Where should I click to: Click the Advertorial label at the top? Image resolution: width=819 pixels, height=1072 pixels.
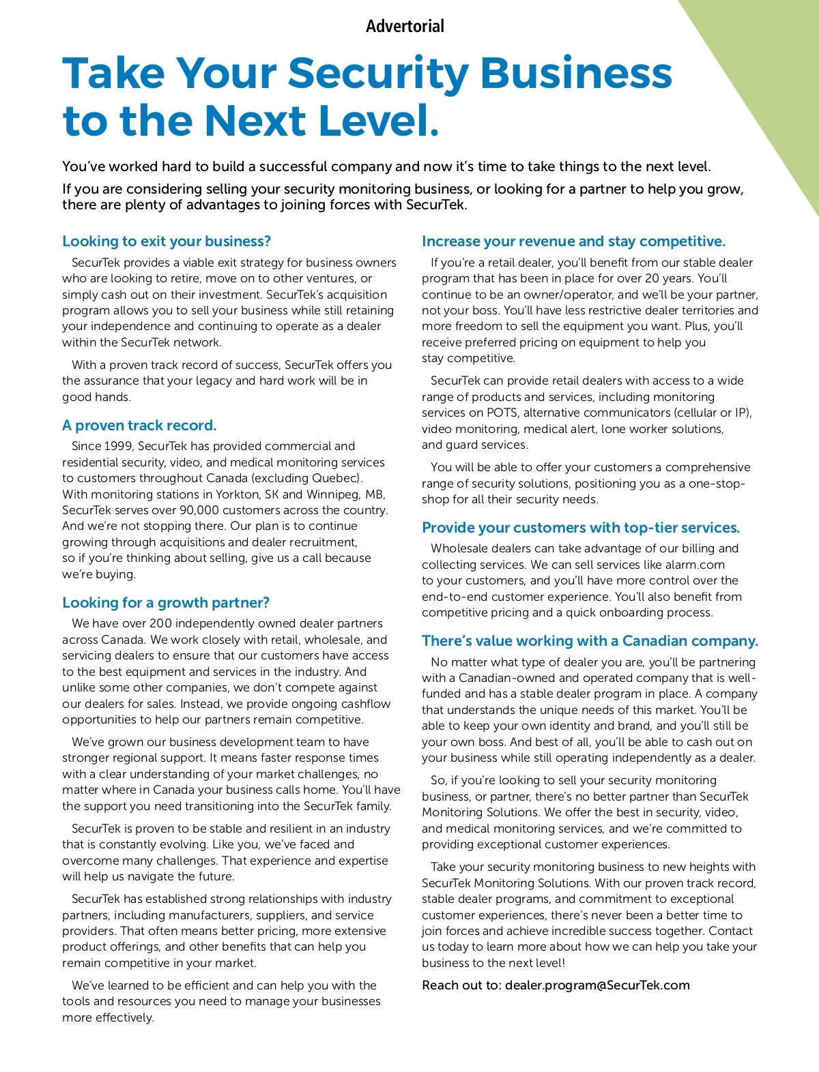point(405,27)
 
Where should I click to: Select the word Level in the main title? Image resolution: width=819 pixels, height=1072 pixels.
point(375,121)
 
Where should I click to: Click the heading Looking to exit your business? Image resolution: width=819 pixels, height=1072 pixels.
point(167,241)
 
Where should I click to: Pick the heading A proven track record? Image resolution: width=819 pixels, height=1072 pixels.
point(139,426)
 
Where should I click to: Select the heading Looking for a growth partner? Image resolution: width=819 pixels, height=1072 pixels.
point(166,603)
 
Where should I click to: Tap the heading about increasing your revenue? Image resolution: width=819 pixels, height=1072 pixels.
point(573,241)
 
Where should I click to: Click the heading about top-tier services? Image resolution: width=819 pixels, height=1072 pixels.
point(581,528)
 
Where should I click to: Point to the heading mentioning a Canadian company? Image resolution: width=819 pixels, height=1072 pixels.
point(590,641)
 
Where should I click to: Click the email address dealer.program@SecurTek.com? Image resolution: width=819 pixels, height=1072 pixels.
point(597,985)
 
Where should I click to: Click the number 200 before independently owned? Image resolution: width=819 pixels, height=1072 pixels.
point(161,624)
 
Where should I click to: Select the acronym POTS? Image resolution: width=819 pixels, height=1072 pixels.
point(503,413)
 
